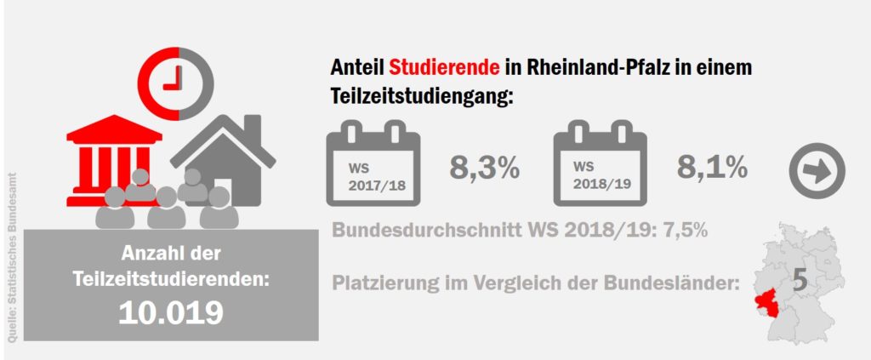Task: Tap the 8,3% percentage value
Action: pyautogui.click(x=484, y=168)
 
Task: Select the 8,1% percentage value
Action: pyautogui.click(x=712, y=168)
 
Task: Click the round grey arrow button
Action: pyautogui.click(x=817, y=170)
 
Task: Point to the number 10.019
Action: pyautogui.click(x=171, y=312)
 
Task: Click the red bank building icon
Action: pyautogui.click(x=116, y=158)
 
